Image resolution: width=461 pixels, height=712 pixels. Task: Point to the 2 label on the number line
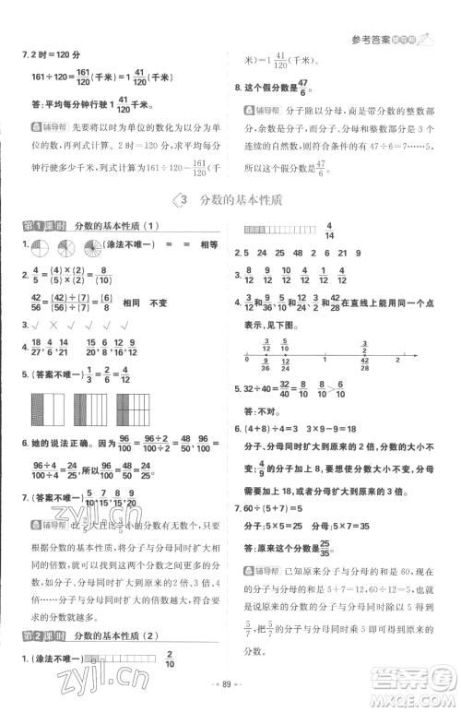[x=396, y=360]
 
